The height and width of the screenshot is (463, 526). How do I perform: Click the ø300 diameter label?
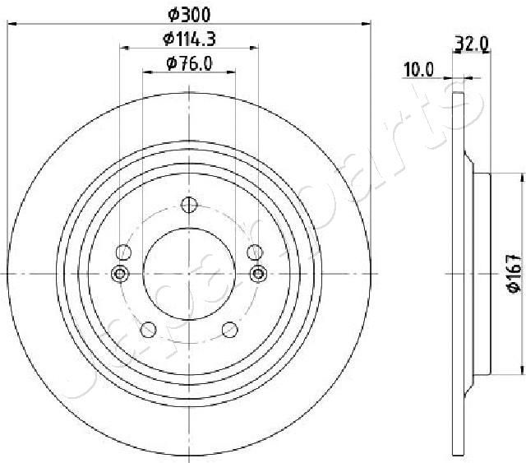(x=190, y=13)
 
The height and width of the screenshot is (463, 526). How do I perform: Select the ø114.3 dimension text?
(x=190, y=37)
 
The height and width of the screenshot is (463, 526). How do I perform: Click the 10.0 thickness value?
(x=418, y=70)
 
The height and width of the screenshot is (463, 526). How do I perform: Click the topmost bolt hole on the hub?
(x=190, y=206)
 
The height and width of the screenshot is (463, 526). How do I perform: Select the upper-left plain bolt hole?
(x=125, y=252)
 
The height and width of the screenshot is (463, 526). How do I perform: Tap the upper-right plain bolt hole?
(x=255, y=252)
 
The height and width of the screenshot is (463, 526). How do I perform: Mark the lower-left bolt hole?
(x=149, y=329)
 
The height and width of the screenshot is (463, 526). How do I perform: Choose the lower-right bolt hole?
(x=231, y=329)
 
